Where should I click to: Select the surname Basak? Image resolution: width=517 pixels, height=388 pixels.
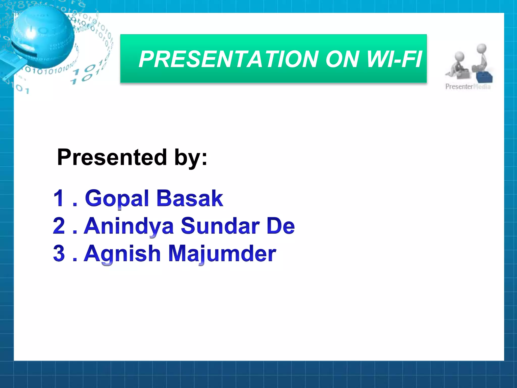(190, 199)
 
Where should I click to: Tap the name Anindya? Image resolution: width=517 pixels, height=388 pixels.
(129, 226)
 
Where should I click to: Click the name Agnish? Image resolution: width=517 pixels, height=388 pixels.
(122, 254)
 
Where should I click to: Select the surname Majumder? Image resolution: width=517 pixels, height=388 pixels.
(222, 254)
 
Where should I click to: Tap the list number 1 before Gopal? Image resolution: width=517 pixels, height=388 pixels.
(59, 198)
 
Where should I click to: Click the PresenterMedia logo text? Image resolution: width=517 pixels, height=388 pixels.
(468, 87)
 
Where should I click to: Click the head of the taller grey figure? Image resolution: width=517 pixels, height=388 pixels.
(482, 48)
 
